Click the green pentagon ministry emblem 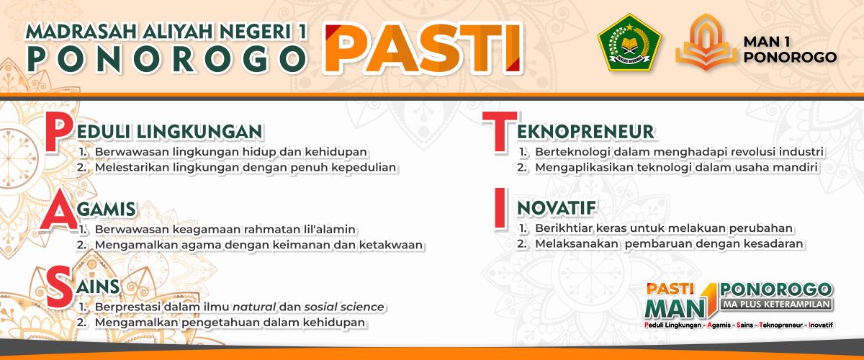pyautogui.click(x=629, y=42)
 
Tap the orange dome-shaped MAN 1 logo pyautogui.click(x=706, y=42)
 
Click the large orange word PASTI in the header pyautogui.click(x=423, y=48)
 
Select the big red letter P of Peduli pyautogui.click(x=59, y=132)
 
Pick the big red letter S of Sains pyautogui.click(x=60, y=287)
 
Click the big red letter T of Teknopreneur pyautogui.click(x=500, y=131)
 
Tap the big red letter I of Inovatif pyautogui.click(x=500, y=207)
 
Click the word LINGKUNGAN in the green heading pyautogui.click(x=200, y=132)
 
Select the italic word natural pyautogui.click(x=254, y=307)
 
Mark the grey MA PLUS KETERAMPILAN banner pyautogui.click(x=776, y=304)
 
